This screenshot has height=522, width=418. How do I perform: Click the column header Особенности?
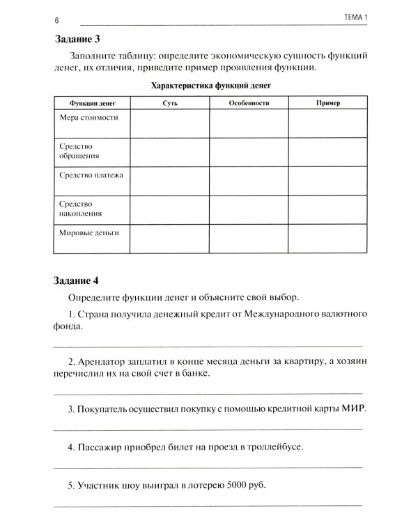tap(249, 102)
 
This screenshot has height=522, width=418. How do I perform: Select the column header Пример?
tap(327, 102)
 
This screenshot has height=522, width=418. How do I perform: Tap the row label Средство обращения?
tap(79, 152)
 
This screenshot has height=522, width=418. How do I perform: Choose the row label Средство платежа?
tap(91, 175)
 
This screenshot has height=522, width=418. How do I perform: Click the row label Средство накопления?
tap(80, 209)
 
